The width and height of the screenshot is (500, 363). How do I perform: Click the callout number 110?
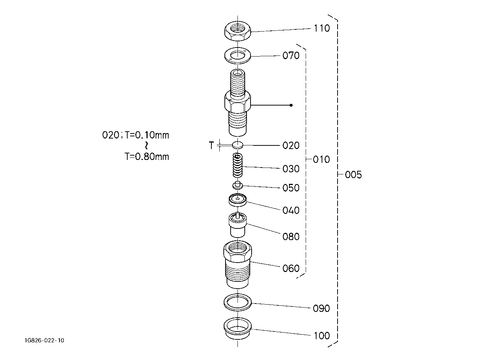(x=322, y=28)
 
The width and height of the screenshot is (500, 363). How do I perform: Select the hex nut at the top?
(x=237, y=31)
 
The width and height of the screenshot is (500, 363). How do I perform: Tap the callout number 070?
(x=291, y=55)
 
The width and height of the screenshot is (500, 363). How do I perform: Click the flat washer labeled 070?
(x=237, y=55)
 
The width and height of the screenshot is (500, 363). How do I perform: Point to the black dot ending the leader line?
(x=291, y=105)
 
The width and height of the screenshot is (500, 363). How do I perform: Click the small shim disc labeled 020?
(x=237, y=145)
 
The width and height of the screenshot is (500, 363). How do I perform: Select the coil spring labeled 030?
(x=237, y=166)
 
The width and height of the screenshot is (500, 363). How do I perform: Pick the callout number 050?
(x=291, y=188)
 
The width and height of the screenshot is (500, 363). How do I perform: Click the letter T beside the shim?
(x=211, y=145)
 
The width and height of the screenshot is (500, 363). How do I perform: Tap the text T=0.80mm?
(x=146, y=157)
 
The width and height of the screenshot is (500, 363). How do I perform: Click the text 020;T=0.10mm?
(x=136, y=135)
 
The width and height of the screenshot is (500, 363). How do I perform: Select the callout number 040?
(x=291, y=210)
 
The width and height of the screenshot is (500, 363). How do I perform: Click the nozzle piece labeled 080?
(x=237, y=225)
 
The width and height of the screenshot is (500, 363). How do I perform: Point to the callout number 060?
(x=291, y=268)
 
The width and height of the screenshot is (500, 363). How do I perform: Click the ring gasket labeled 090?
(x=237, y=302)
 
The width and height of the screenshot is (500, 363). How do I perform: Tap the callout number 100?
(x=322, y=336)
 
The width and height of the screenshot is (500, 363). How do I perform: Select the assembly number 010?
(x=321, y=160)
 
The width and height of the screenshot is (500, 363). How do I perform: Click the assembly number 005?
(x=354, y=174)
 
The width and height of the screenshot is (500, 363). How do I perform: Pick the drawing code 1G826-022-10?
(x=45, y=341)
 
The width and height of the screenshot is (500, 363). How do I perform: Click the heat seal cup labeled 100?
(x=237, y=329)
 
